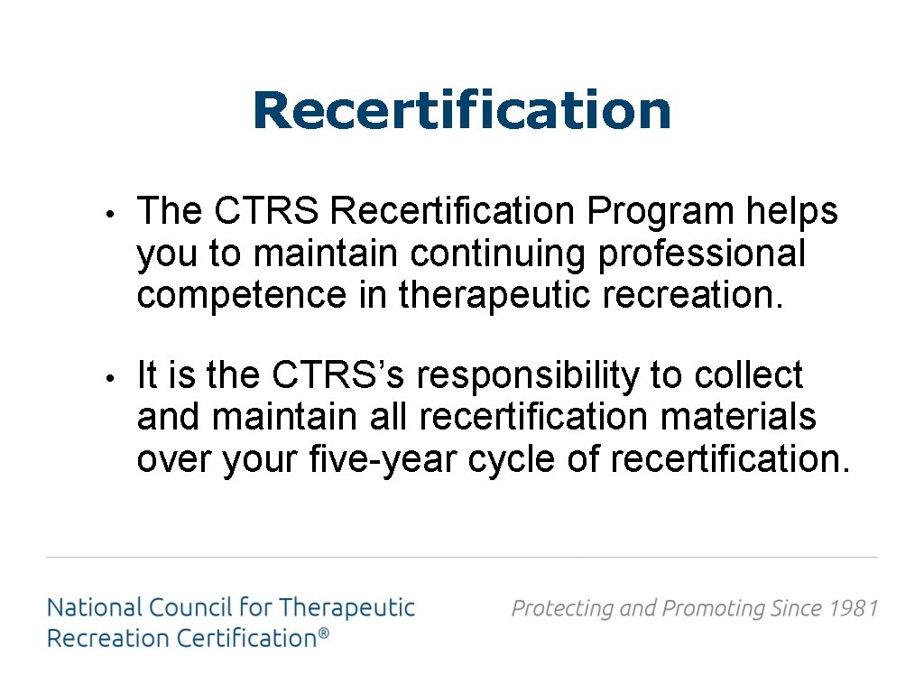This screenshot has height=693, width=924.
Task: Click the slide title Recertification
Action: click(462, 110)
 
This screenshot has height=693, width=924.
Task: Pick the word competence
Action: click(241, 295)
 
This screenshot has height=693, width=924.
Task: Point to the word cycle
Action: click(512, 459)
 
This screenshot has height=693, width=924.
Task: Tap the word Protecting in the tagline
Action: click(559, 608)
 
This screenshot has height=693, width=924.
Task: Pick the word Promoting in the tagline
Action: click(714, 608)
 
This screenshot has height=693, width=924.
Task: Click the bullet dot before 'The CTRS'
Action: click(107, 215)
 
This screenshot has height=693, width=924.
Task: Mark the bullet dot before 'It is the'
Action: click(107, 378)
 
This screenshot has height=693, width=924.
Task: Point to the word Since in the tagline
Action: click(797, 608)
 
